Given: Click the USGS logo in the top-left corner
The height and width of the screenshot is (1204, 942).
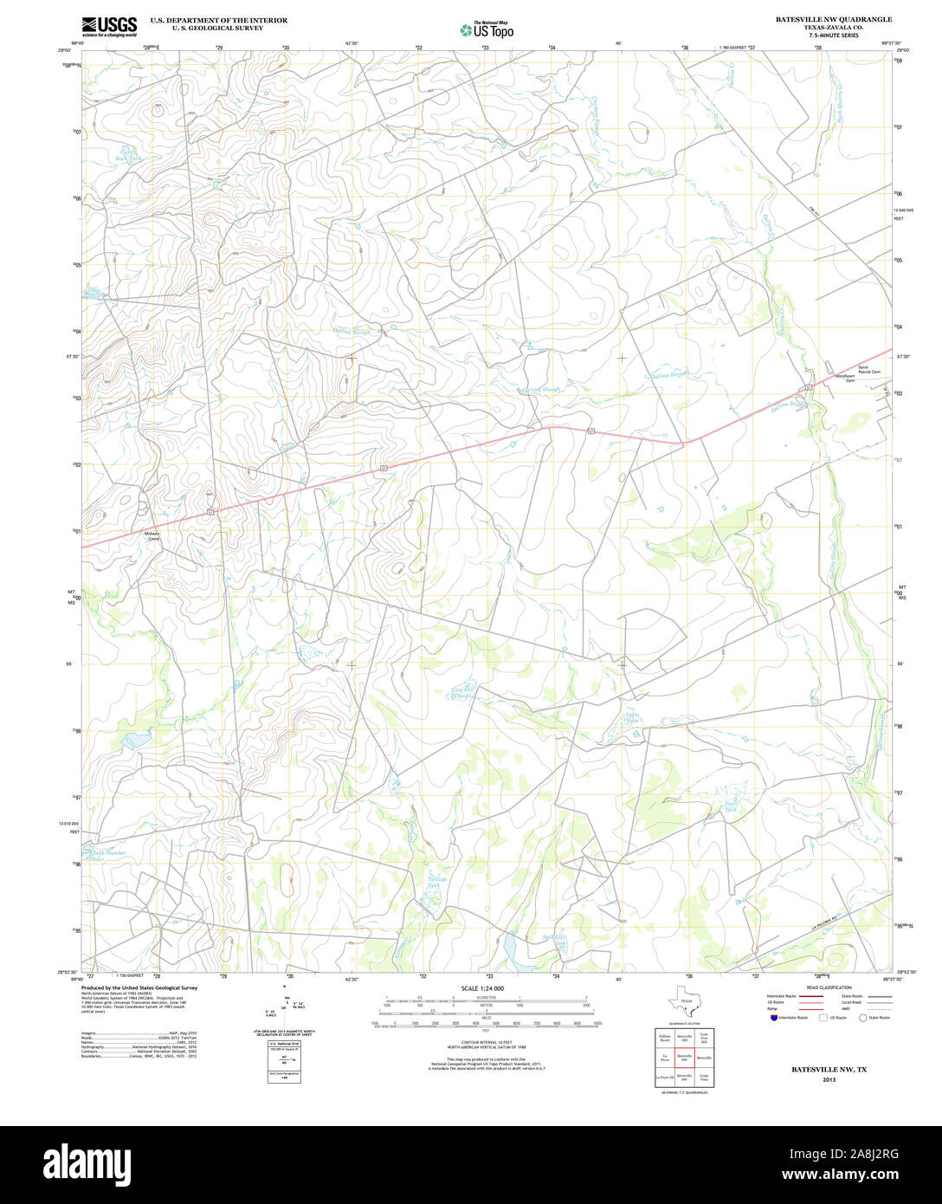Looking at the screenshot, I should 110,26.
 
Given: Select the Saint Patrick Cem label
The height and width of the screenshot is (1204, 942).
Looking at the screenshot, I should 868,370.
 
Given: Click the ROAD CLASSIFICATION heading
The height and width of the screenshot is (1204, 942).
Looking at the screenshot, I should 828,987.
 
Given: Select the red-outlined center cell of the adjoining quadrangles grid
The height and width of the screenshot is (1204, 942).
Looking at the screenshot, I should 684,1057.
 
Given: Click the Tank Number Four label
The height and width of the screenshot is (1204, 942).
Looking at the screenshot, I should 110,855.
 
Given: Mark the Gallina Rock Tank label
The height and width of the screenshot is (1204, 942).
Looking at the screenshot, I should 129,155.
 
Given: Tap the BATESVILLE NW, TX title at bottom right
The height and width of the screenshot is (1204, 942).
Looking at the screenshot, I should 829,1070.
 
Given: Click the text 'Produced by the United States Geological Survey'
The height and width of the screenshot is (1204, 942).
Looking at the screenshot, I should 139,987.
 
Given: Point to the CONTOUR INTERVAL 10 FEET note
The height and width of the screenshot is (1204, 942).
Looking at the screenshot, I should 485,1042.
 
